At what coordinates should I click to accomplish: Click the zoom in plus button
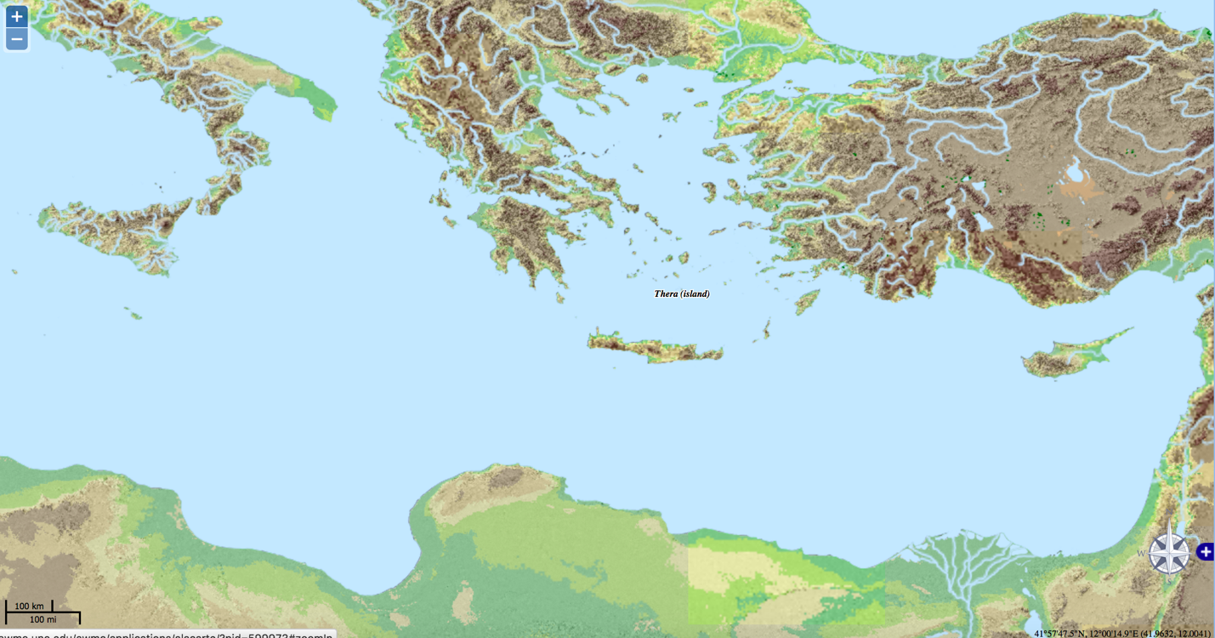tap(17, 16)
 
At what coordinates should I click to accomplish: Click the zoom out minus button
tap(17, 39)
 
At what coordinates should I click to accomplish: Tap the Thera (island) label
tap(681, 294)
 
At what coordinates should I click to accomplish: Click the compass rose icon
tap(1169, 551)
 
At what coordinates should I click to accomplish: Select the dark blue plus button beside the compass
tap(1205, 551)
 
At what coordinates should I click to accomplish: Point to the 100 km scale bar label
tap(29, 607)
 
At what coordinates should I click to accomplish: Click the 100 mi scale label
tap(43, 619)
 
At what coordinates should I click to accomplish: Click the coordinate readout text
tap(1121, 633)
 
